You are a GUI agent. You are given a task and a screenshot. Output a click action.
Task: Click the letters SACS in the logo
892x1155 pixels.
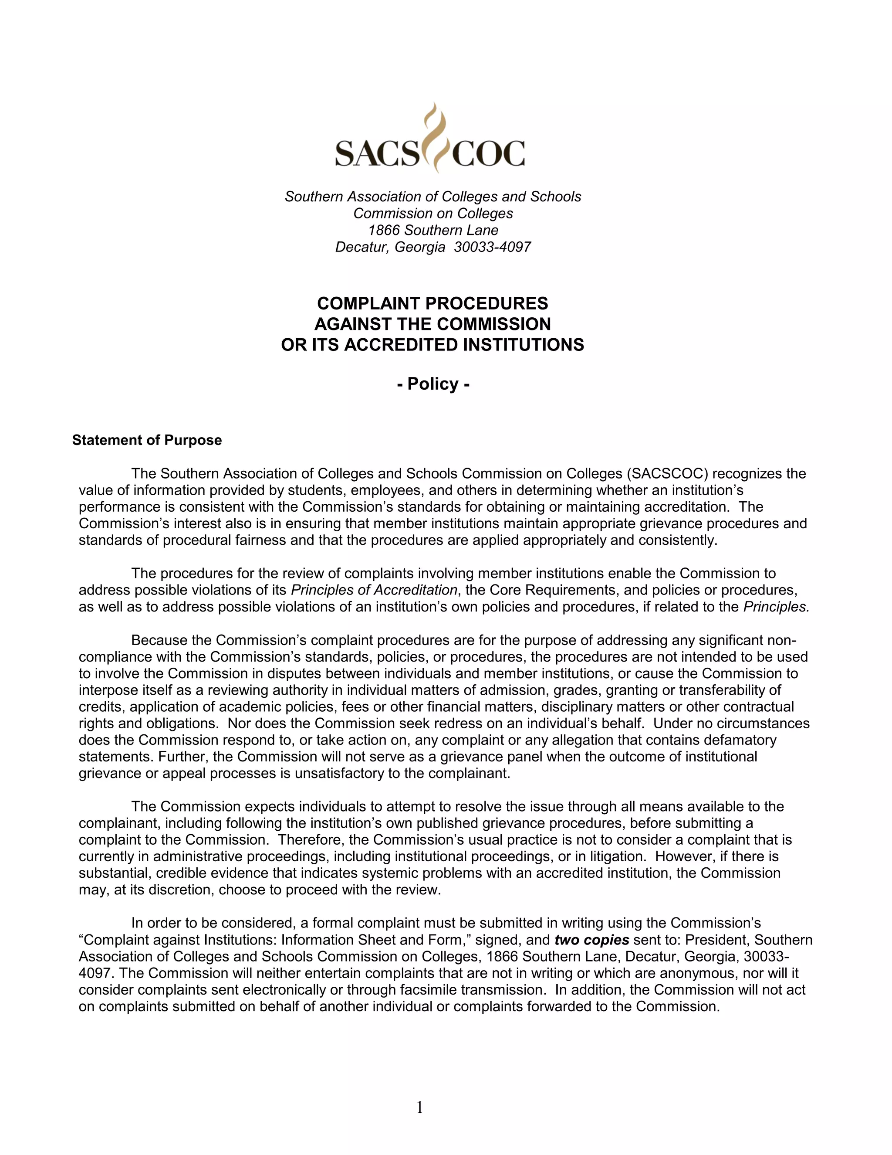tap(376, 153)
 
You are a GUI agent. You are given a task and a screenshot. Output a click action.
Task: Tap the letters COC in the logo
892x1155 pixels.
tap(487, 153)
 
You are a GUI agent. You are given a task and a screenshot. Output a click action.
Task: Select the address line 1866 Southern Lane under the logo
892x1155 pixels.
tap(433, 230)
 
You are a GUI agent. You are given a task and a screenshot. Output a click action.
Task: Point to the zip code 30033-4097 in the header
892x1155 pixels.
tap(492, 247)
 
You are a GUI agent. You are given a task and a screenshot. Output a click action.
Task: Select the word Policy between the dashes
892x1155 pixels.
tap(433, 384)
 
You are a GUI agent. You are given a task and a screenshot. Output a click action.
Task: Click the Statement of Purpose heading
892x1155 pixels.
tap(147, 441)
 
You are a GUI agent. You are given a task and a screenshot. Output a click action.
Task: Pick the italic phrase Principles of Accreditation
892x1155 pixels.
tap(374, 590)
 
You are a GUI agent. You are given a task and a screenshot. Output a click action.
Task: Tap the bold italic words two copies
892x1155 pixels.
tap(591, 940)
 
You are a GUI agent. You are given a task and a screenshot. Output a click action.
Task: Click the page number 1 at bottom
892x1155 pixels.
tap(419, 1107)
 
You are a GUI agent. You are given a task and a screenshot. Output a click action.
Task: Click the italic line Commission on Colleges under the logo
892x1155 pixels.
tap(433, 213)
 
